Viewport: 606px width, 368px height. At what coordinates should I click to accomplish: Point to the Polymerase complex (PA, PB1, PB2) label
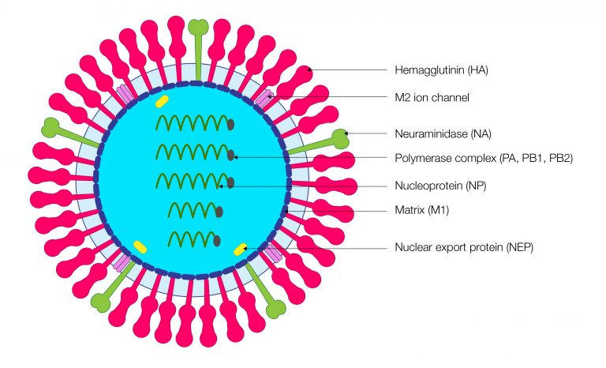(x=483, y=158)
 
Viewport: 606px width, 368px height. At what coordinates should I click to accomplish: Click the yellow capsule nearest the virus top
(x=163, y=101)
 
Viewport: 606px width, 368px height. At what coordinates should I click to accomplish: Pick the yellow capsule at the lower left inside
(x=141, y=246)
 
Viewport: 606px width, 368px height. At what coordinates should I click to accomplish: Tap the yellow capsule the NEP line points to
(x=241, y=250)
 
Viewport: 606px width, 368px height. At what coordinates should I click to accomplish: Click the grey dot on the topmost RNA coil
(x=230, y=124)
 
